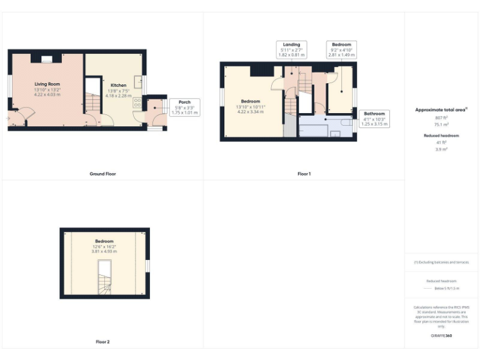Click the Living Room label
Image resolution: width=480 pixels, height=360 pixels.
point(47,83)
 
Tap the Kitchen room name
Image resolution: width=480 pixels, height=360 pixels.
point(118,85)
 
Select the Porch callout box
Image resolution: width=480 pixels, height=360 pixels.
point(184,107)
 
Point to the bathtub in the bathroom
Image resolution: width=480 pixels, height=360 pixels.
point(312,131)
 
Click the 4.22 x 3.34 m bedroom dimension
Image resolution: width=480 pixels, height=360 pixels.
point(247,112)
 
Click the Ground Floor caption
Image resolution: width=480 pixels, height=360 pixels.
point(102,174)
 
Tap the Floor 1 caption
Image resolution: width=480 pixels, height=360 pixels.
point(304,174)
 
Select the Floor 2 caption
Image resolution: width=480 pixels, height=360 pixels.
point(102,342)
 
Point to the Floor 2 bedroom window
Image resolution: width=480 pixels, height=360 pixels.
point(147,266)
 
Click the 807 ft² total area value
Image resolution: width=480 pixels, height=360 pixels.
point(442,117)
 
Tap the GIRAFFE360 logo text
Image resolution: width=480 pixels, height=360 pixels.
point(442,336)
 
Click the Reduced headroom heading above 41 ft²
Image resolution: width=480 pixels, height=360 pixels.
point(442,135)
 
